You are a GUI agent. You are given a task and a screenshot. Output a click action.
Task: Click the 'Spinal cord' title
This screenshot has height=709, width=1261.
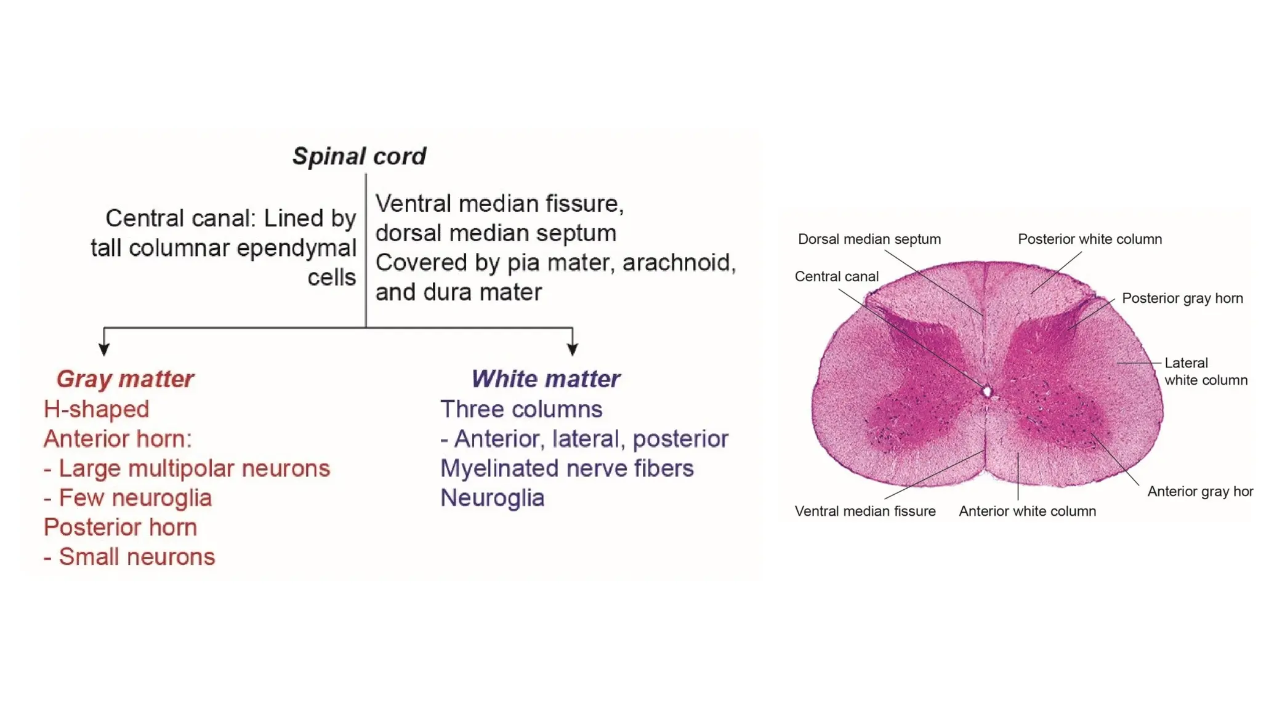pos(359,156)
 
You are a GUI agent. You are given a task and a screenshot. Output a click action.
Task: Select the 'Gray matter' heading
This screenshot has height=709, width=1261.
pos(125,379)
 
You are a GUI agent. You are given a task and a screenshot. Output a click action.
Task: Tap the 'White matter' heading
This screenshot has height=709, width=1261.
pos(546,379)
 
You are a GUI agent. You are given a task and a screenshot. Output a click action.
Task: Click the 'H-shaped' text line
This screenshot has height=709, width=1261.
pos(97,409)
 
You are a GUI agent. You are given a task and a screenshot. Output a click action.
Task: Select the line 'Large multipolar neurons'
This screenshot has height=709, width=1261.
pos(194,468)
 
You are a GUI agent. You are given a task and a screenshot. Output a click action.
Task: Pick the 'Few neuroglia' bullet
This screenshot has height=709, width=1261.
pos(135,498)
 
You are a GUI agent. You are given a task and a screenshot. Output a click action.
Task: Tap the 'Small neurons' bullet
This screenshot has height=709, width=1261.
pos(137,557)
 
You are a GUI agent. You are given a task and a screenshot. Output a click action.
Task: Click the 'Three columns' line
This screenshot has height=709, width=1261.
pos(522,409)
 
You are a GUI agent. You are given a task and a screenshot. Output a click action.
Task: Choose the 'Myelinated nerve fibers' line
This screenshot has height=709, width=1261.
pos(567,468)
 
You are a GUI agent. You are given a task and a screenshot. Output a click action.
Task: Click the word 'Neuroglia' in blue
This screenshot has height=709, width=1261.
pos(493,498)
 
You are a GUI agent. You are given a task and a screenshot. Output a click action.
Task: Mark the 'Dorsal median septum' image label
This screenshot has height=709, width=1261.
pos(869,239)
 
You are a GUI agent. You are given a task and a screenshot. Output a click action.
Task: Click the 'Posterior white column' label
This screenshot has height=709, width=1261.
pos(1090,239)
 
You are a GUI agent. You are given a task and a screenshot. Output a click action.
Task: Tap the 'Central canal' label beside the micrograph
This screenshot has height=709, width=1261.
pos(836,277)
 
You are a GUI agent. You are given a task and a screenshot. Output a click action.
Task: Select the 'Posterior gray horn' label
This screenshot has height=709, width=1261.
pos(1182,298)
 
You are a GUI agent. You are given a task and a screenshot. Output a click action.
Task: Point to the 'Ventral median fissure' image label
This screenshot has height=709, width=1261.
pos(865,511)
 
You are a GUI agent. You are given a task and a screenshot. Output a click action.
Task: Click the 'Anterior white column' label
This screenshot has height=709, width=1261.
pos(1027,511)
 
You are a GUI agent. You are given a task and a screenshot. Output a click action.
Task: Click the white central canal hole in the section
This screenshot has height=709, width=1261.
pos(987,391)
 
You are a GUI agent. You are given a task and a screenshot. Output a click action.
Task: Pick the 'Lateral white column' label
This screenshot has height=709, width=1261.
pos(1205,372)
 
